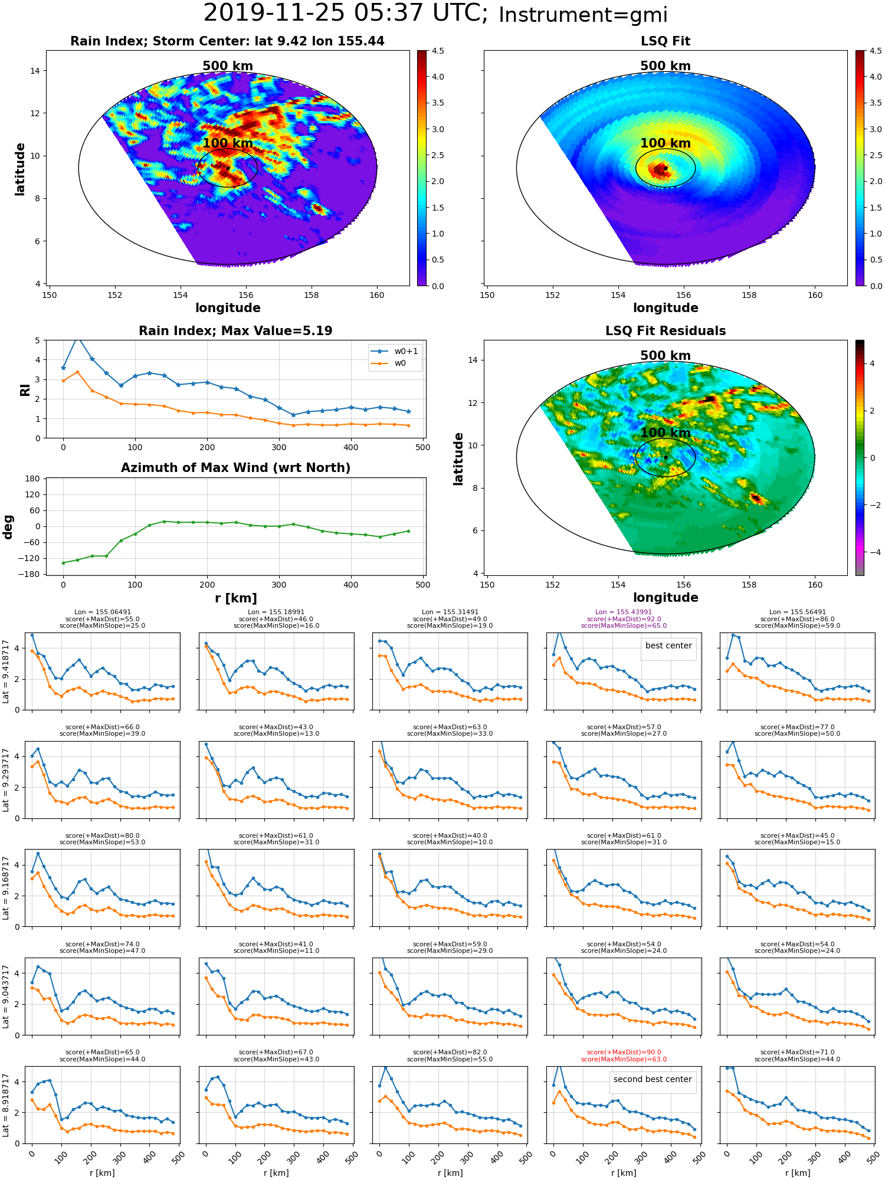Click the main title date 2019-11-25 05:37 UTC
[x=346, y=14]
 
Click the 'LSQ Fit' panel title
[x=665, y=41]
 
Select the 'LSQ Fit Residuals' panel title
[x=666, y=331]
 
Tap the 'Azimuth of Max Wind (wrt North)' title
[x=235, y=468]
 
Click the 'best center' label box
[x=668, y=645]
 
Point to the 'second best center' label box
[x=653, y=1079]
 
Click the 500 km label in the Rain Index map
[x=228, y=66]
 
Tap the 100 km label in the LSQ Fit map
[x=666, y=143]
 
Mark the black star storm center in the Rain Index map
[x=228, y=168]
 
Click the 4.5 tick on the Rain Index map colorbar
[x=438, y=51]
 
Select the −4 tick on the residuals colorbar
[x=872, y=552]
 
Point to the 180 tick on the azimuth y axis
[x=33, y=478]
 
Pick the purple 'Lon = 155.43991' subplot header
[x=624, y=612]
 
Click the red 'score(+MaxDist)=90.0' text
[x=624, y=1053]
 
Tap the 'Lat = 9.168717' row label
[x=6, y=889]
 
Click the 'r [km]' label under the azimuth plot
[x=236, y=598]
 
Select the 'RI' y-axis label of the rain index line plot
[x=25, y=389]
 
